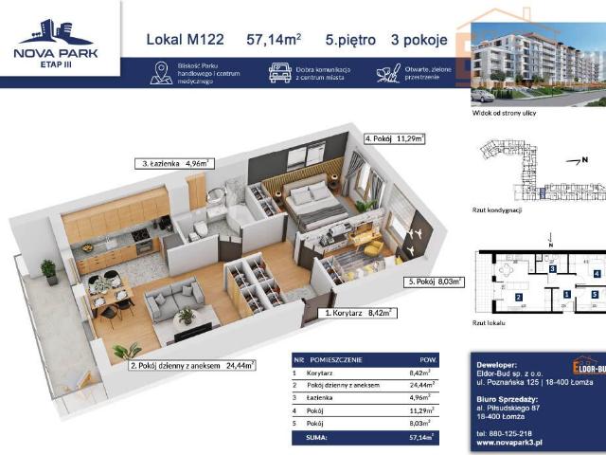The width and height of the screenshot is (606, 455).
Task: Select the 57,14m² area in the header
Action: (274, 40)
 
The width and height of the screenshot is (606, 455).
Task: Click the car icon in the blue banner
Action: (279, 73)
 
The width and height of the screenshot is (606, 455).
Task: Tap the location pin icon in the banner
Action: (160, 74)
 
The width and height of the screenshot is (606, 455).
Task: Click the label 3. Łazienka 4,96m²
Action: (180, 163)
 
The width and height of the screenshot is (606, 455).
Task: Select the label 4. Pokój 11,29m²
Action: (395, 138)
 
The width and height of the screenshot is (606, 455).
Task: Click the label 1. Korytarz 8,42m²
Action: (358, 311)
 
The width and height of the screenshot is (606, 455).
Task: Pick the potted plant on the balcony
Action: (48, 271)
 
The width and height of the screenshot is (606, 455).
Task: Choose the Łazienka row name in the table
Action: (331, 399)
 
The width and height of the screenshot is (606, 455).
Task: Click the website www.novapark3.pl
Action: (510, 442)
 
